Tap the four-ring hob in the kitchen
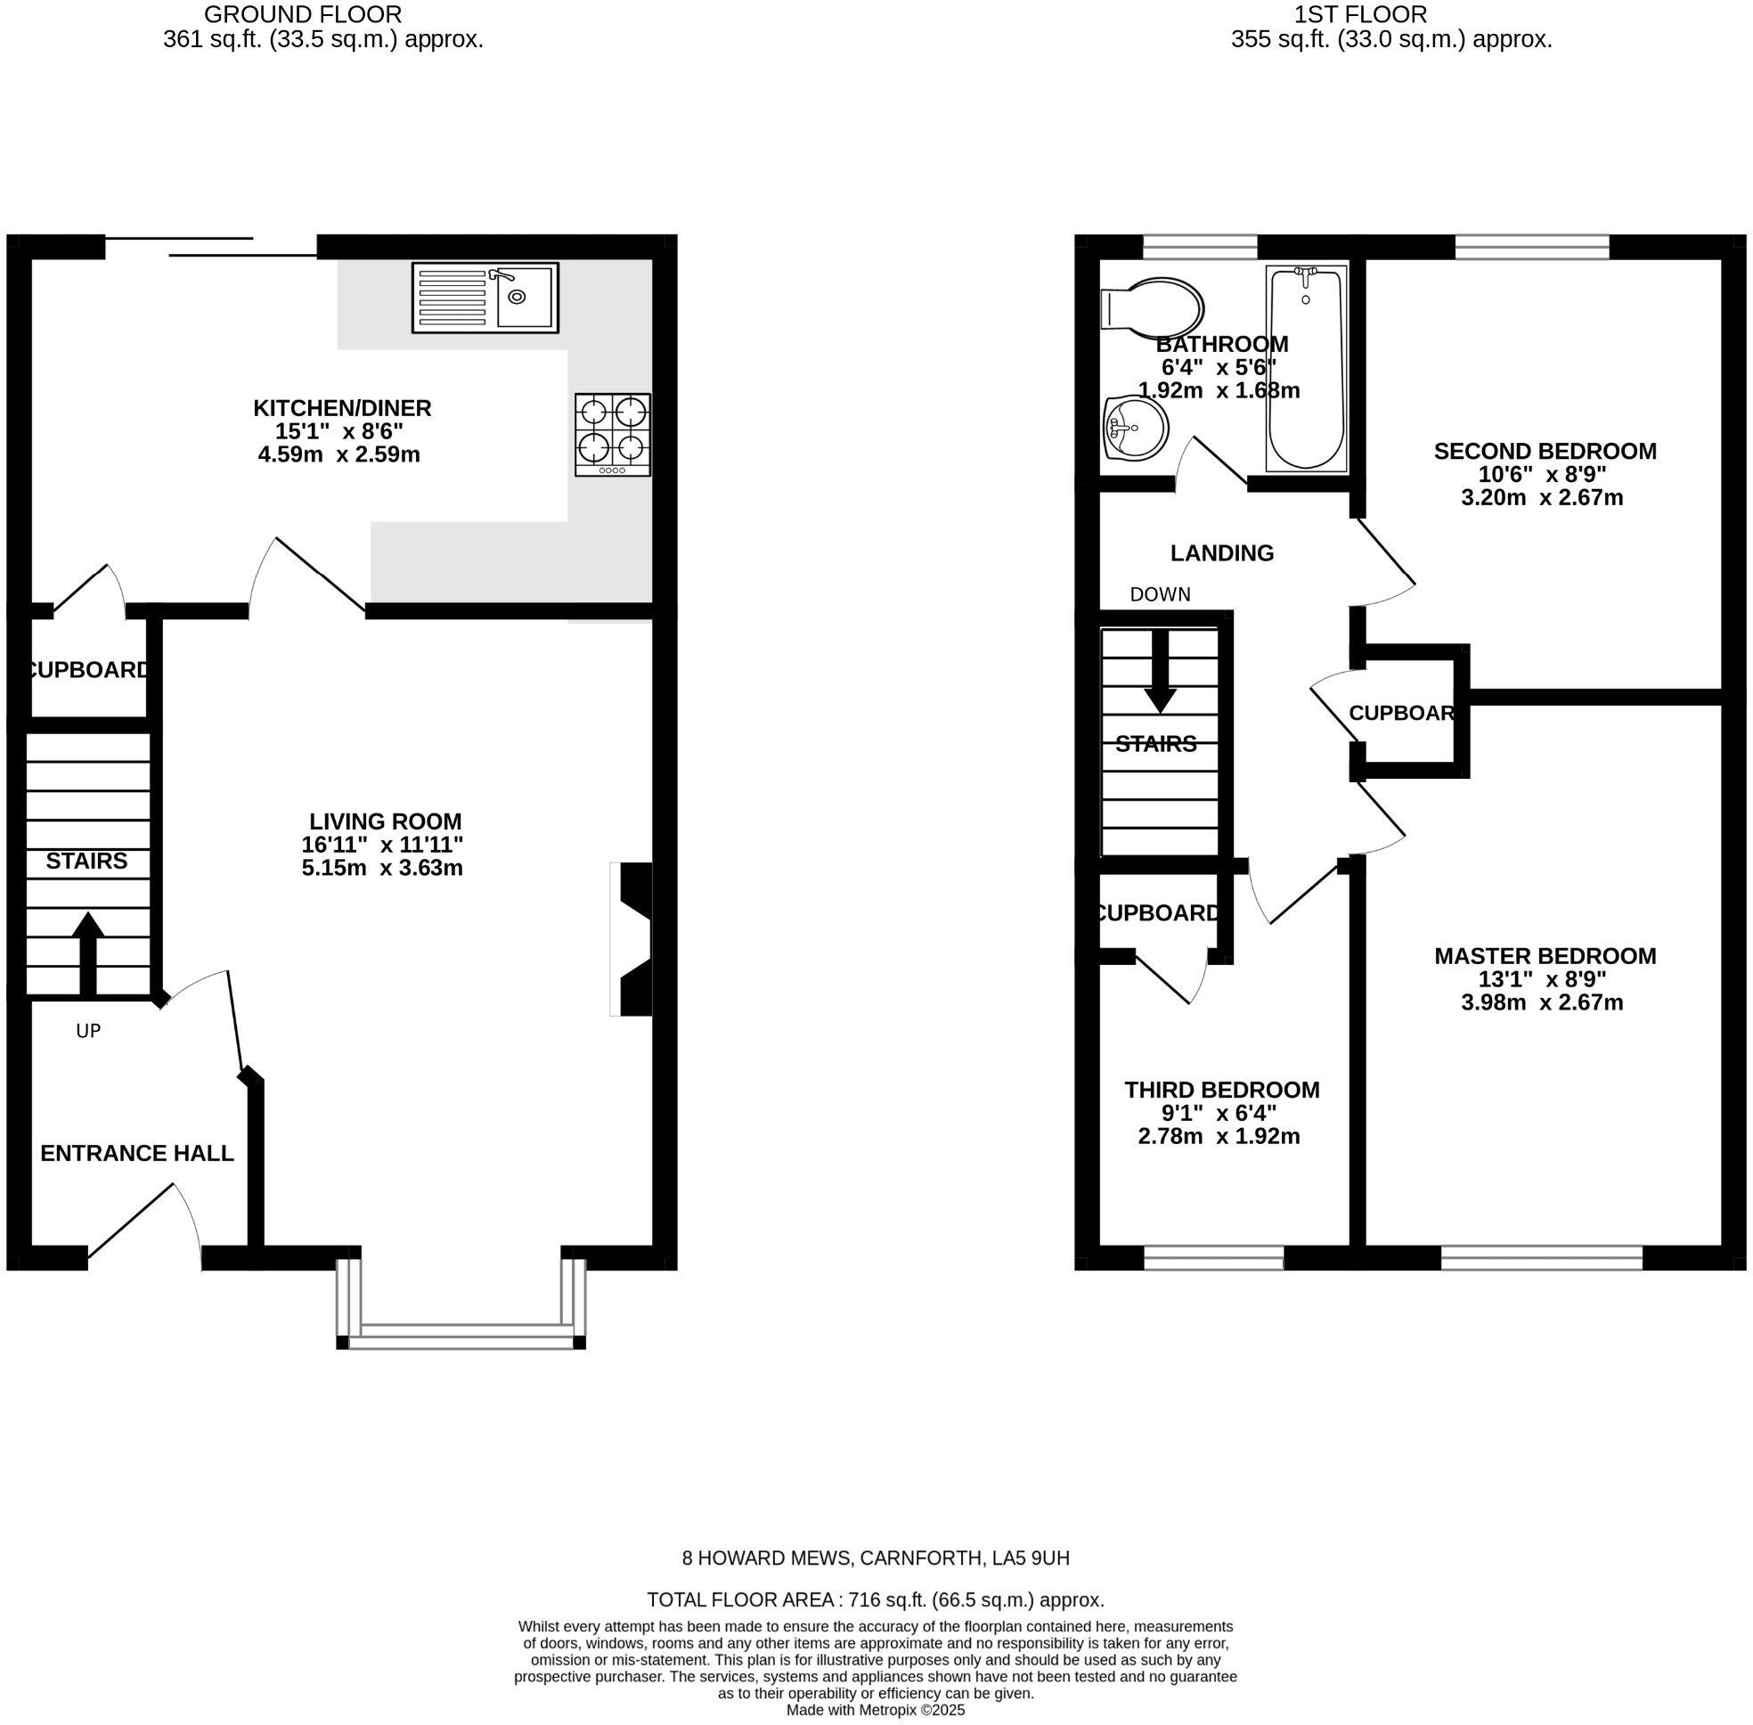tap(613, 434)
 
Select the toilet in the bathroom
tap(1151, 308)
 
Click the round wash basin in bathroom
tap(1135, 428)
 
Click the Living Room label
tap(385, 822)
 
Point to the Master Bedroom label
tap(1545, 956)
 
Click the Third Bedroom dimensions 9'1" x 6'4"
tap(1219, 1114)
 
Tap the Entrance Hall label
tap(137, 1153)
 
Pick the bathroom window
tap(1200, 247)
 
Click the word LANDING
tap(1221, 552)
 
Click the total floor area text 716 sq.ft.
tap(875, 1600)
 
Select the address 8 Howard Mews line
tap(875, 1558)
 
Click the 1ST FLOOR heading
tap(1390, 14)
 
